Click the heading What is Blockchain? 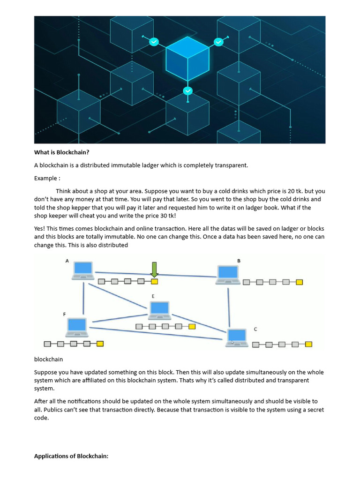(61, 152)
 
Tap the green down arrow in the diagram (154, 270)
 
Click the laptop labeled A (82, 270)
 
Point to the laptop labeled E (160, 310)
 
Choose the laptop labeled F (77, 327)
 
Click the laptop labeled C (237, 337)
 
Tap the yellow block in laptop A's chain (154, 282)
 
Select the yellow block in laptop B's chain (300, 282)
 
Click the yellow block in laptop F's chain (100, 344)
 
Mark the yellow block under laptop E (192, 326)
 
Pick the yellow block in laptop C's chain (308, 345)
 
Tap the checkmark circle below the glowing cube (187, 90)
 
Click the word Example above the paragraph (46, 178)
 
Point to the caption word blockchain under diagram (48, 360)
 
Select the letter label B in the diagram (239, 261)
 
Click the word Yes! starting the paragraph (41, 228)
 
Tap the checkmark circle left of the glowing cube (154, 42)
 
